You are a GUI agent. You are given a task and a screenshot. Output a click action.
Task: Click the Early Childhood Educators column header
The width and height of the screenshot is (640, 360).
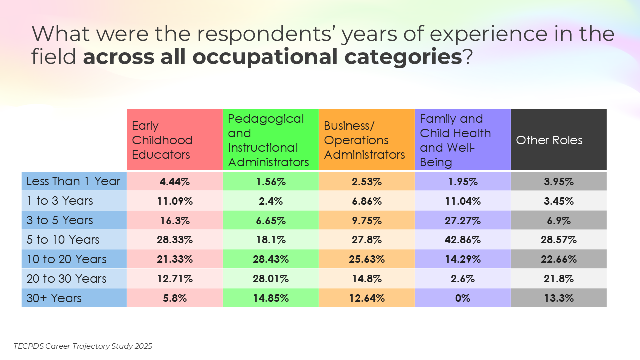click(x=175, y=140)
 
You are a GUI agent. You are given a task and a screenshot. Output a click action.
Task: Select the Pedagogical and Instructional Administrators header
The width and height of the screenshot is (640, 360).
click(x=271, y=140)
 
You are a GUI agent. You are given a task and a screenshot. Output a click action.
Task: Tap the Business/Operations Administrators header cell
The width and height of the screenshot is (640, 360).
click(x=367, y=140)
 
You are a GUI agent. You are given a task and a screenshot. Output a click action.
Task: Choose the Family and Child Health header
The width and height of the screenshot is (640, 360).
click(x=463, y=140)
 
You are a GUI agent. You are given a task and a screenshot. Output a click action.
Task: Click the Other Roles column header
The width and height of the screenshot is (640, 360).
click(x=559, y=140)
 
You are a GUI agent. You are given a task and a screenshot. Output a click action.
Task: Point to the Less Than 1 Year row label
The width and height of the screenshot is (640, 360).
click(x=74, y=181)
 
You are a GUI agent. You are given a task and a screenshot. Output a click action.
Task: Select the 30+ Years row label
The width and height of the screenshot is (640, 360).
click(x=74, y=298)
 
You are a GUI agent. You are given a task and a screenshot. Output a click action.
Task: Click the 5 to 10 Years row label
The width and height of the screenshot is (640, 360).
click(x=74, y=240)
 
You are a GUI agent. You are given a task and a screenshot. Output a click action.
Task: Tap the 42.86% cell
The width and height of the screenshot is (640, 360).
click(x=463, y=240)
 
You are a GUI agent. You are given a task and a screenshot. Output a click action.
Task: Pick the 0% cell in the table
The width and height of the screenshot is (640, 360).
click(x=463, y=298)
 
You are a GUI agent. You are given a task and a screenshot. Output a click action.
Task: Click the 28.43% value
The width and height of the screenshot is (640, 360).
click(x=271, y=259)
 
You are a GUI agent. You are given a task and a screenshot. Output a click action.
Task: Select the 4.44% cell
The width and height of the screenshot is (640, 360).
click(x=175, y=182)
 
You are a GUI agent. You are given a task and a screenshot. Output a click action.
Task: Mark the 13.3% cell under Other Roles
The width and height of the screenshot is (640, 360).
click(x=559, y=298)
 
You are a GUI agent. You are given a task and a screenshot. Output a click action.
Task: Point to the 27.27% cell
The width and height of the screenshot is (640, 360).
click(x=463, y=220)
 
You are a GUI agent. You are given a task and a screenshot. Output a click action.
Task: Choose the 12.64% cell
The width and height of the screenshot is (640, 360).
click(x=367, y=298)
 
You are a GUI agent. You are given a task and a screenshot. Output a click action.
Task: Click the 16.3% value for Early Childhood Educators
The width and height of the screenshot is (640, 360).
click(x=175, y=220)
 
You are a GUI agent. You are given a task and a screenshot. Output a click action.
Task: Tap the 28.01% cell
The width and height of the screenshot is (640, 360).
click(x=271, y=279)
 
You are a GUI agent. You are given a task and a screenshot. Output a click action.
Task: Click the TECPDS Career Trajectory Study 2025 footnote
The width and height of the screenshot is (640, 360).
click(x=83, y=346)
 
